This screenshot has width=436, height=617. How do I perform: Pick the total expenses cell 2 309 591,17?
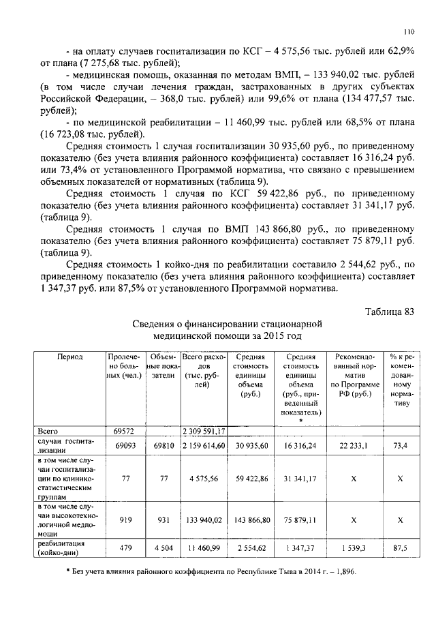pyautogui.click(x=204, y=431)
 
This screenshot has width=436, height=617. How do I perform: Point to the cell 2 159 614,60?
pyautogui.click(x=204, y=444)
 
